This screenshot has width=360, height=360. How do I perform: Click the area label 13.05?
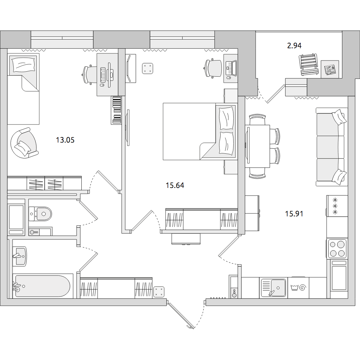click(x=65, y=140)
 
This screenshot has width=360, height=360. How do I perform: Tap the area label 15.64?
click(x=175, y=185)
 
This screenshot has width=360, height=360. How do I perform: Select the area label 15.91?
click(x=294, y=214)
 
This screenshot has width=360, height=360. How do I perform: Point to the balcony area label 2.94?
click(x=294, y=46)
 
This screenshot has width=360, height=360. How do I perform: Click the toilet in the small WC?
click(x=40, y=214)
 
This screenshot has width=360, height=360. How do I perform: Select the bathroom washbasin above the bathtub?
click(x=20, y=256)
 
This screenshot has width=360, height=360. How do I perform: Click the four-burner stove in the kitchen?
click(x=337, y=248)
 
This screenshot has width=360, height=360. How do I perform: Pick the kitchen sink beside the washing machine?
click(x=274, y=288)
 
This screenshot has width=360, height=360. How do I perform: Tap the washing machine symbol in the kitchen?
click(x=298, y=288)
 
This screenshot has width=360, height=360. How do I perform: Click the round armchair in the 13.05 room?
click(x=24, y=143)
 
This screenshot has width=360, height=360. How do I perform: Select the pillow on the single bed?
click(x=24, y=64)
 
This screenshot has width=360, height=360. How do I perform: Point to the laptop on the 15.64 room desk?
click(x=231, y=68)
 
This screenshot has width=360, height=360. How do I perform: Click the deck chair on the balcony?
click(x=309, y=64)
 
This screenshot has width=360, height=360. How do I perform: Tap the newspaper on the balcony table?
click(x=330, y=69)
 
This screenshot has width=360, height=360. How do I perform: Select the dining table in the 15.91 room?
click(x=257, y=146)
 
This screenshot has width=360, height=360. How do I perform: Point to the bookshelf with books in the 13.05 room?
click(x=116, y=110)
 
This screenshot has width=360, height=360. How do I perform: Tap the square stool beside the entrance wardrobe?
click(x=159, y=292)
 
